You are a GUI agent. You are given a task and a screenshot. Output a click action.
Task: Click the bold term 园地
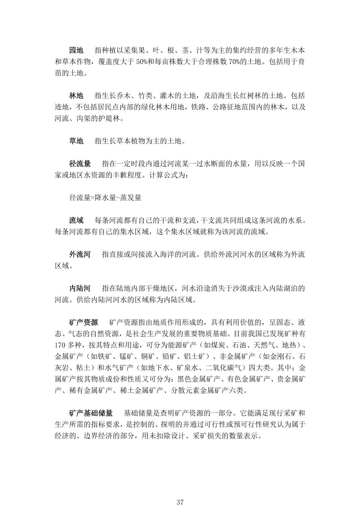coord(76,51)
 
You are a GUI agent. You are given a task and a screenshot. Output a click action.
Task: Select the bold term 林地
coord(76,96)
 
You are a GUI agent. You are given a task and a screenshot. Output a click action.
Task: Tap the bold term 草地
coord(76,141)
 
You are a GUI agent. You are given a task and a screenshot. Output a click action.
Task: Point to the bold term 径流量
coord(80,164)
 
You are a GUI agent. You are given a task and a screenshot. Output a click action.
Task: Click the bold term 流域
coord(76,220)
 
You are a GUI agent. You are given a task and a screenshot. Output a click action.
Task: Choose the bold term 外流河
coord(80,254)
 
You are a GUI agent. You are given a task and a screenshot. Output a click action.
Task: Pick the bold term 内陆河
coord(80,288)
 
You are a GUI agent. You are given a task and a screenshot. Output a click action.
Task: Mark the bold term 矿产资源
coord(83,322)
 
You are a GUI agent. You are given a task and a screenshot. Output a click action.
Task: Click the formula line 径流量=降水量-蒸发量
coord(105,198)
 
